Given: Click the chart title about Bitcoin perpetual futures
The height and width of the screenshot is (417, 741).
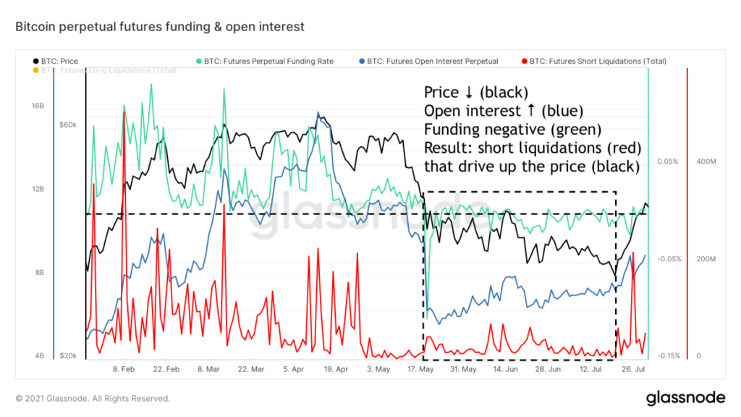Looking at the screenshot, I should pos(160,27).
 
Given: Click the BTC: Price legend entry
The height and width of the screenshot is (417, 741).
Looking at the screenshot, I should pos(60,62).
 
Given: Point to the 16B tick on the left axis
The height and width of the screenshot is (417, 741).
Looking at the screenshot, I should pos(38,106).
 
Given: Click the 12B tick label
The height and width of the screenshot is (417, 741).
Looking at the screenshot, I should pos(38,189).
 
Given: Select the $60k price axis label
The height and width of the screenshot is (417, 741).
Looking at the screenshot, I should pos(68,125).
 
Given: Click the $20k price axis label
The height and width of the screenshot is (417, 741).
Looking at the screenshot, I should pos(68,356).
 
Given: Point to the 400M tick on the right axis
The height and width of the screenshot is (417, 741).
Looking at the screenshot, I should pos(706,161).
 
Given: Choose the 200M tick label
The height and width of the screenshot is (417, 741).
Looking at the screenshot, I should pos(706,258).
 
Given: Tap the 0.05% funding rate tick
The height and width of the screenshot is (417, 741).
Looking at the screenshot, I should pos(667,161).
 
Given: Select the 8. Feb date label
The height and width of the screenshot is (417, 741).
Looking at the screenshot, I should pos(124,369).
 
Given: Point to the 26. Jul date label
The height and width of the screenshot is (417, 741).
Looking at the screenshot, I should pos(634,369).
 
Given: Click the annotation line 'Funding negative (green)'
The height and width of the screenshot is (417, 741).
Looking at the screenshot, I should pos(512,130).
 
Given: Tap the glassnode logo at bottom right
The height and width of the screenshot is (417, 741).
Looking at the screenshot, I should pos(685,397).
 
